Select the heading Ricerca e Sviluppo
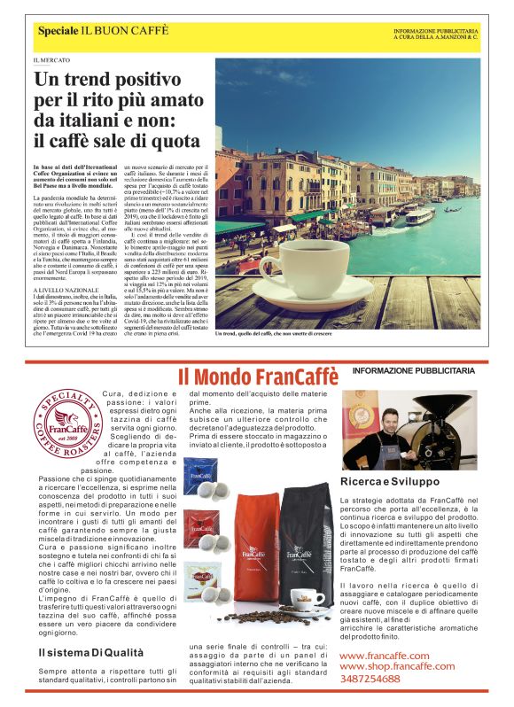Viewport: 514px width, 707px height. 389,481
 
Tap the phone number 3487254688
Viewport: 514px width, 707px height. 370,679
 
